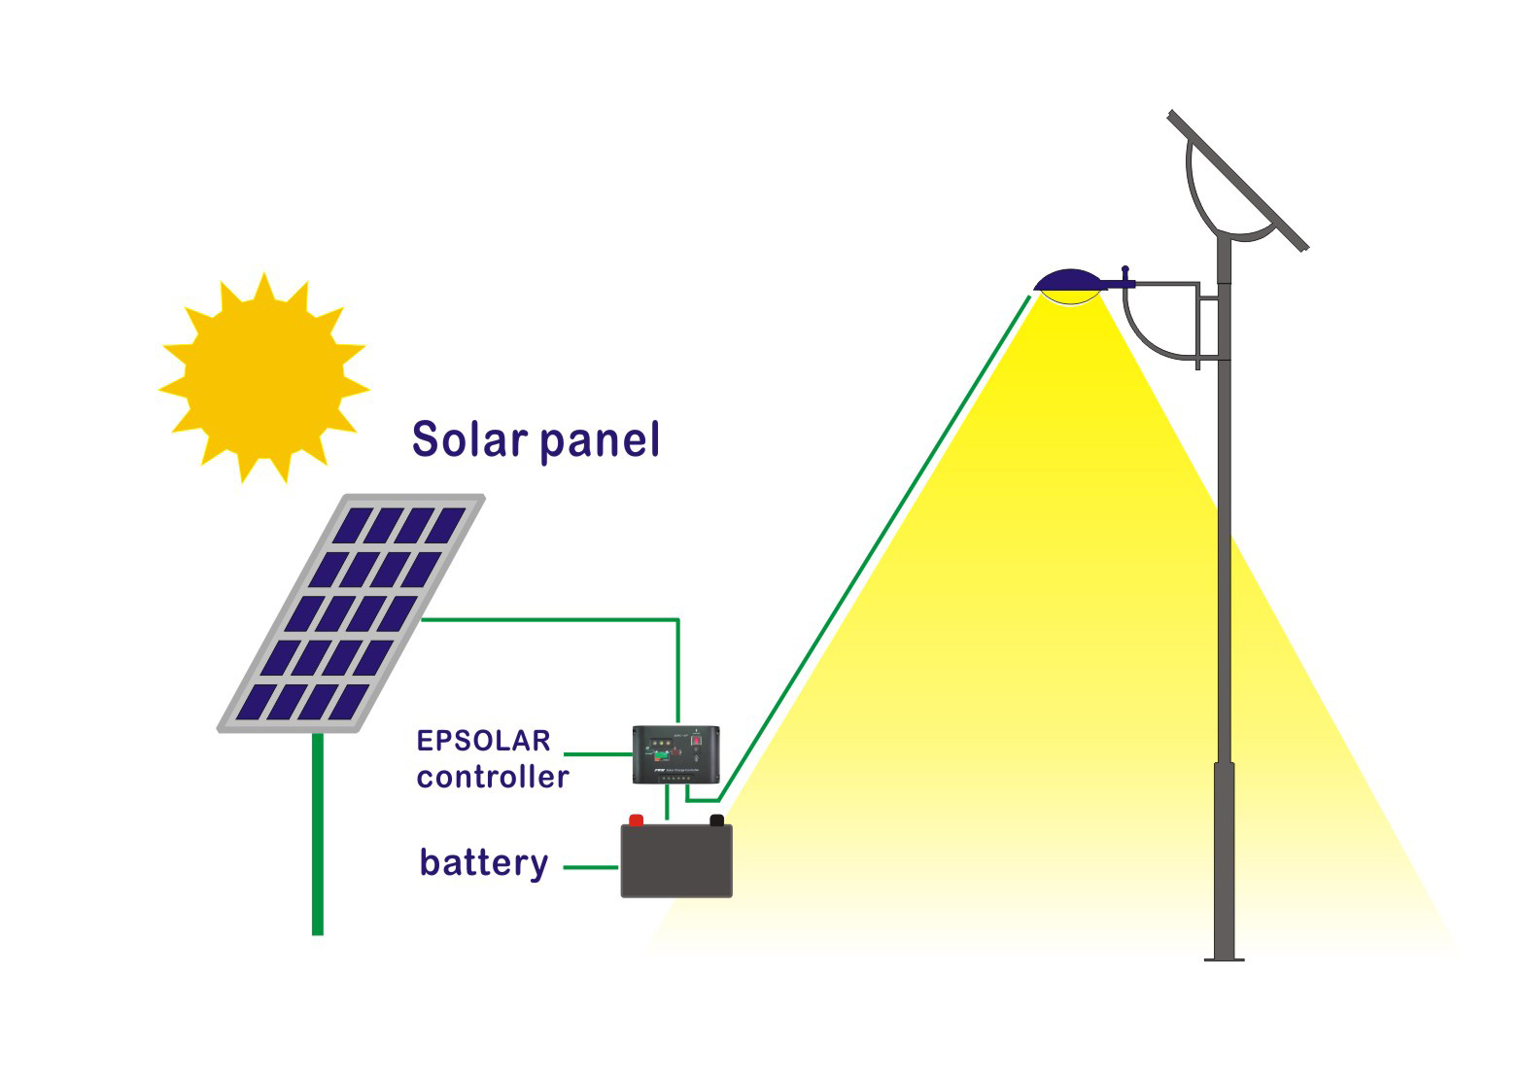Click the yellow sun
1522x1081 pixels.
pos(263,377)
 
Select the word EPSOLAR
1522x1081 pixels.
pos(483,741)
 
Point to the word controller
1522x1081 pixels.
pos(492,777)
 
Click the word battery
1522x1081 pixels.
pos(483,863)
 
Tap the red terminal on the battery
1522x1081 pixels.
pos(637,819)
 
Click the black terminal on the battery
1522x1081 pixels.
pos(717,819)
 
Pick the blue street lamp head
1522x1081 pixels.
pos(1069,282)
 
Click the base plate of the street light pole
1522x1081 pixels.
pos(1224,959)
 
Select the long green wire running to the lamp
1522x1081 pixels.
pos(875,544)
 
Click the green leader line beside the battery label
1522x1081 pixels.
pos(591,866)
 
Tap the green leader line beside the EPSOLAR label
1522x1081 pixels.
pos(598,753)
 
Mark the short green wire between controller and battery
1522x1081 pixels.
pos(667,804)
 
